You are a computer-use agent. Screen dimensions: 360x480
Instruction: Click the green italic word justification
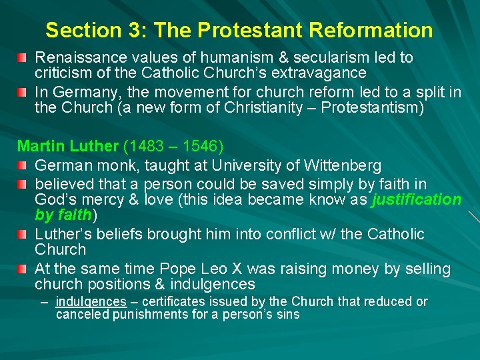(x=417, y=199)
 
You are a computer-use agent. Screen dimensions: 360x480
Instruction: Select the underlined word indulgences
(x=91, y=301)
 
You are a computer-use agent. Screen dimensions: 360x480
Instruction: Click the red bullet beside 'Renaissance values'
(x=23, y=58)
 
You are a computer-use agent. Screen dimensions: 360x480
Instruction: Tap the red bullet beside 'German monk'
(x=23, y=165)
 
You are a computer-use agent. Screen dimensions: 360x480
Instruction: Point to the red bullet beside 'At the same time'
(x=23, y=269)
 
